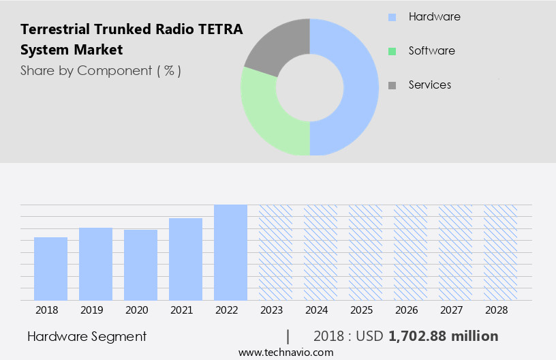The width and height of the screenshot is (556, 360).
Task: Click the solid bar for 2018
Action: tap(50, 269)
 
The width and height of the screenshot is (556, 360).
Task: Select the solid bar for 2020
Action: tap(140, 265)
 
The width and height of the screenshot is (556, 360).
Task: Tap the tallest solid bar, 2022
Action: tap(230, 252)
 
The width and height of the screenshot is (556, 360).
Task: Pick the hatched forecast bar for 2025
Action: tap(365, 252)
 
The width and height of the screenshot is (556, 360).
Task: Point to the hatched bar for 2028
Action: tap(500, 252)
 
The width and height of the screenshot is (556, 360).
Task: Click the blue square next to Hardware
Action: tap(392, 17)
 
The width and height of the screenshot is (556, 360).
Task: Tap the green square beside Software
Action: tap(392, 51)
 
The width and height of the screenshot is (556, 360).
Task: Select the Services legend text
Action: tap(429, 85)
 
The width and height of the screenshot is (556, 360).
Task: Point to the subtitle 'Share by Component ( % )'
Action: tap(101, 70)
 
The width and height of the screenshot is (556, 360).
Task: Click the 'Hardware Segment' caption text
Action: tap(87, 336)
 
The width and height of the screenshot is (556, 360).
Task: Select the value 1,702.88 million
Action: tap(443, 336)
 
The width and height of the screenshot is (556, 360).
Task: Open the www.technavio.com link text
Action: tap(285, 352)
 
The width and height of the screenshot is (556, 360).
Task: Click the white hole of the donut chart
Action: tap(310, 87)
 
